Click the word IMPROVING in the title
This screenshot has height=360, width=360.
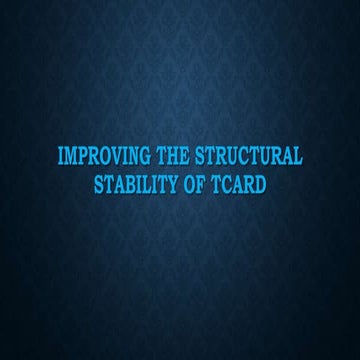point(97,157)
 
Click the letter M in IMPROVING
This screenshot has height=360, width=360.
point(70,157)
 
